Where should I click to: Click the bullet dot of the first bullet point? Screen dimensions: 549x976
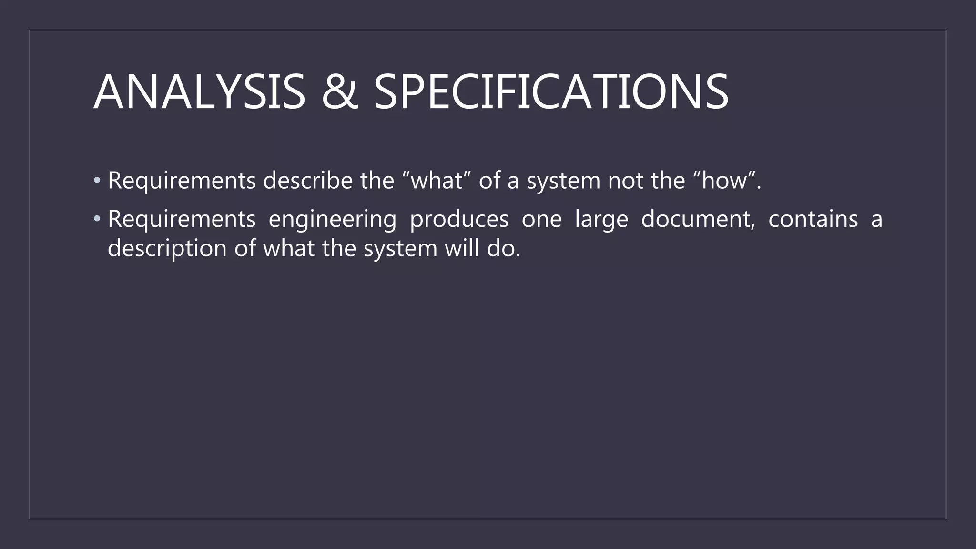coord(97,181)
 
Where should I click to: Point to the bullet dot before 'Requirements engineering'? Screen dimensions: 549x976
coord(97,219)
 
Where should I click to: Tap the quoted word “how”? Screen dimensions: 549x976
coord(724,181)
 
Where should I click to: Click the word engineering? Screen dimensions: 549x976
coord(332,219)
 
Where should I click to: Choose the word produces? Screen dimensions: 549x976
coord(459,219)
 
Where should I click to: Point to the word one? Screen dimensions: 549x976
coord(541,219)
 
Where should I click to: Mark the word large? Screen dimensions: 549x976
coord(601,220)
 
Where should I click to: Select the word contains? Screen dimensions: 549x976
coord(813,219)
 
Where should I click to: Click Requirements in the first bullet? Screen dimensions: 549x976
coord(182,181)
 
